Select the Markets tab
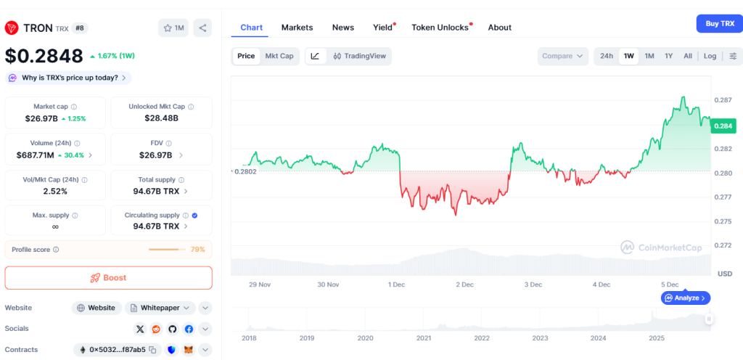tap(297, 28)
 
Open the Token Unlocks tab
tap(440, 28)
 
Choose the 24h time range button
tap(607, 56)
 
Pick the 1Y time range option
tap(668, 56)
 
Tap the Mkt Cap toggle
tap(279, 56)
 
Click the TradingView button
tap(360, 56)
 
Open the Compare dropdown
tap(563, 56)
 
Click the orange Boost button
tap(109, 278)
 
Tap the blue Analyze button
tap(686, 298)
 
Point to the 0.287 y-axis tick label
tap(723, 100)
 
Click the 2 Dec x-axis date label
tap(464, 285)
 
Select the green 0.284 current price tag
tap(723, 126)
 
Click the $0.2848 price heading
tap(44, 56)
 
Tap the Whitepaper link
tap(160, 308)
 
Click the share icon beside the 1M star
tap(202, 28)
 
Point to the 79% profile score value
tap(197, 250)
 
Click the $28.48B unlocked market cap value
tap(161, 118)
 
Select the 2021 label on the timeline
tap(424, 338)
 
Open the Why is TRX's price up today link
tap(70, 78)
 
